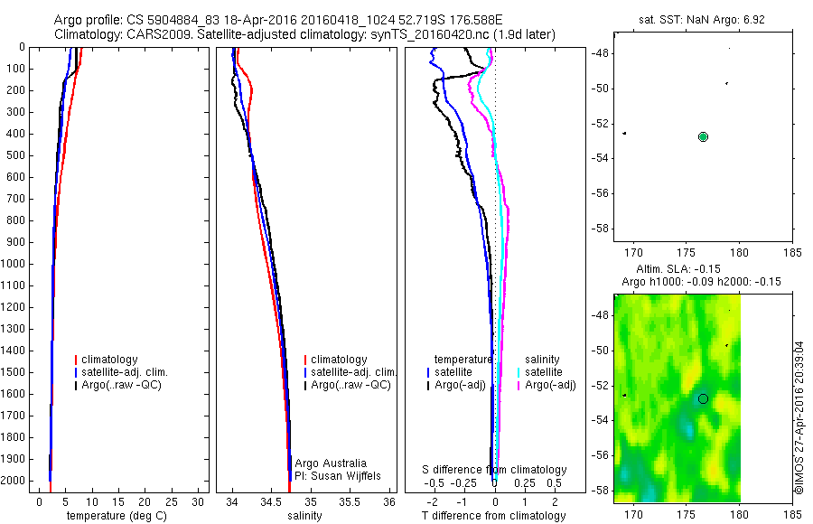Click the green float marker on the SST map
click(703, 136)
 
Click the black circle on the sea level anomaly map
click(703, 398)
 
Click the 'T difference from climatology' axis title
click(493, 516)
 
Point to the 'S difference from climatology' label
click(495, 470)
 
